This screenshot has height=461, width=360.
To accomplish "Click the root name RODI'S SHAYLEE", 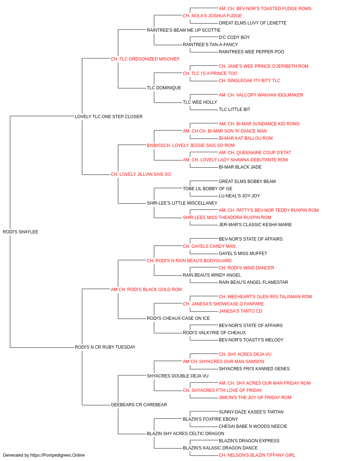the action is (x=21, y=232).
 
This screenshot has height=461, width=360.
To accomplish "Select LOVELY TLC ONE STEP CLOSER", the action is (x=109, y=117).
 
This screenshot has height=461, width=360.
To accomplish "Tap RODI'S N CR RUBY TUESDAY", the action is (x=105, y=347).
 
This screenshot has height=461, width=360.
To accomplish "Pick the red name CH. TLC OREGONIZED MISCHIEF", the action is (x=145, y=59).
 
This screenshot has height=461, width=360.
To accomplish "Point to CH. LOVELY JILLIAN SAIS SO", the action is (x=141, y=174).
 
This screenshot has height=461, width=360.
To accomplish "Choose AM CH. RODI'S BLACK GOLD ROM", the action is (x=146, y=290).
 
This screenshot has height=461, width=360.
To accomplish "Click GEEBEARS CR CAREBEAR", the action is (x=139, y=405).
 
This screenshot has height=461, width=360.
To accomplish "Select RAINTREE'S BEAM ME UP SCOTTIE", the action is (x=184, y=30).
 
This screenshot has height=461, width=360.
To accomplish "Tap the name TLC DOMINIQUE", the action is (x=164, y=88).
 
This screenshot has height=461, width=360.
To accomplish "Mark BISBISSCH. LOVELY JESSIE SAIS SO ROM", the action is (x=190, y=146).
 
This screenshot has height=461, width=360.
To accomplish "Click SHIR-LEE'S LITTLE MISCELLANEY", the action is (x=182, y=203).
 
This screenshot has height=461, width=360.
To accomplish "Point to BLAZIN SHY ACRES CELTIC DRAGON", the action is (x=185, y=434).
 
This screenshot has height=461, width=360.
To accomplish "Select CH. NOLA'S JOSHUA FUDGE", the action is (x=212, y=16).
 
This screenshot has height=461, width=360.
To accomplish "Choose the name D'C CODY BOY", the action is (x=234, y=37).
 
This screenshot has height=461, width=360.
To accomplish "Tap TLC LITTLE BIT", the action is (x=234, y=109).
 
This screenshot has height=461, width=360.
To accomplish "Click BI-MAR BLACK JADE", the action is (x=240, y=167).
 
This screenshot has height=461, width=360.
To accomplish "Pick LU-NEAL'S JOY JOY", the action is (x=239, y=196).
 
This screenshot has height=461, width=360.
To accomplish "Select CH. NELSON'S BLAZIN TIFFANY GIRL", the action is (x=257, y=455).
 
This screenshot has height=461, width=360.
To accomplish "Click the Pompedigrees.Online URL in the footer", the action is (x=57, y=455).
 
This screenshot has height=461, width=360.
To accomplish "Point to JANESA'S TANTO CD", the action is (x=240, y=311).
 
